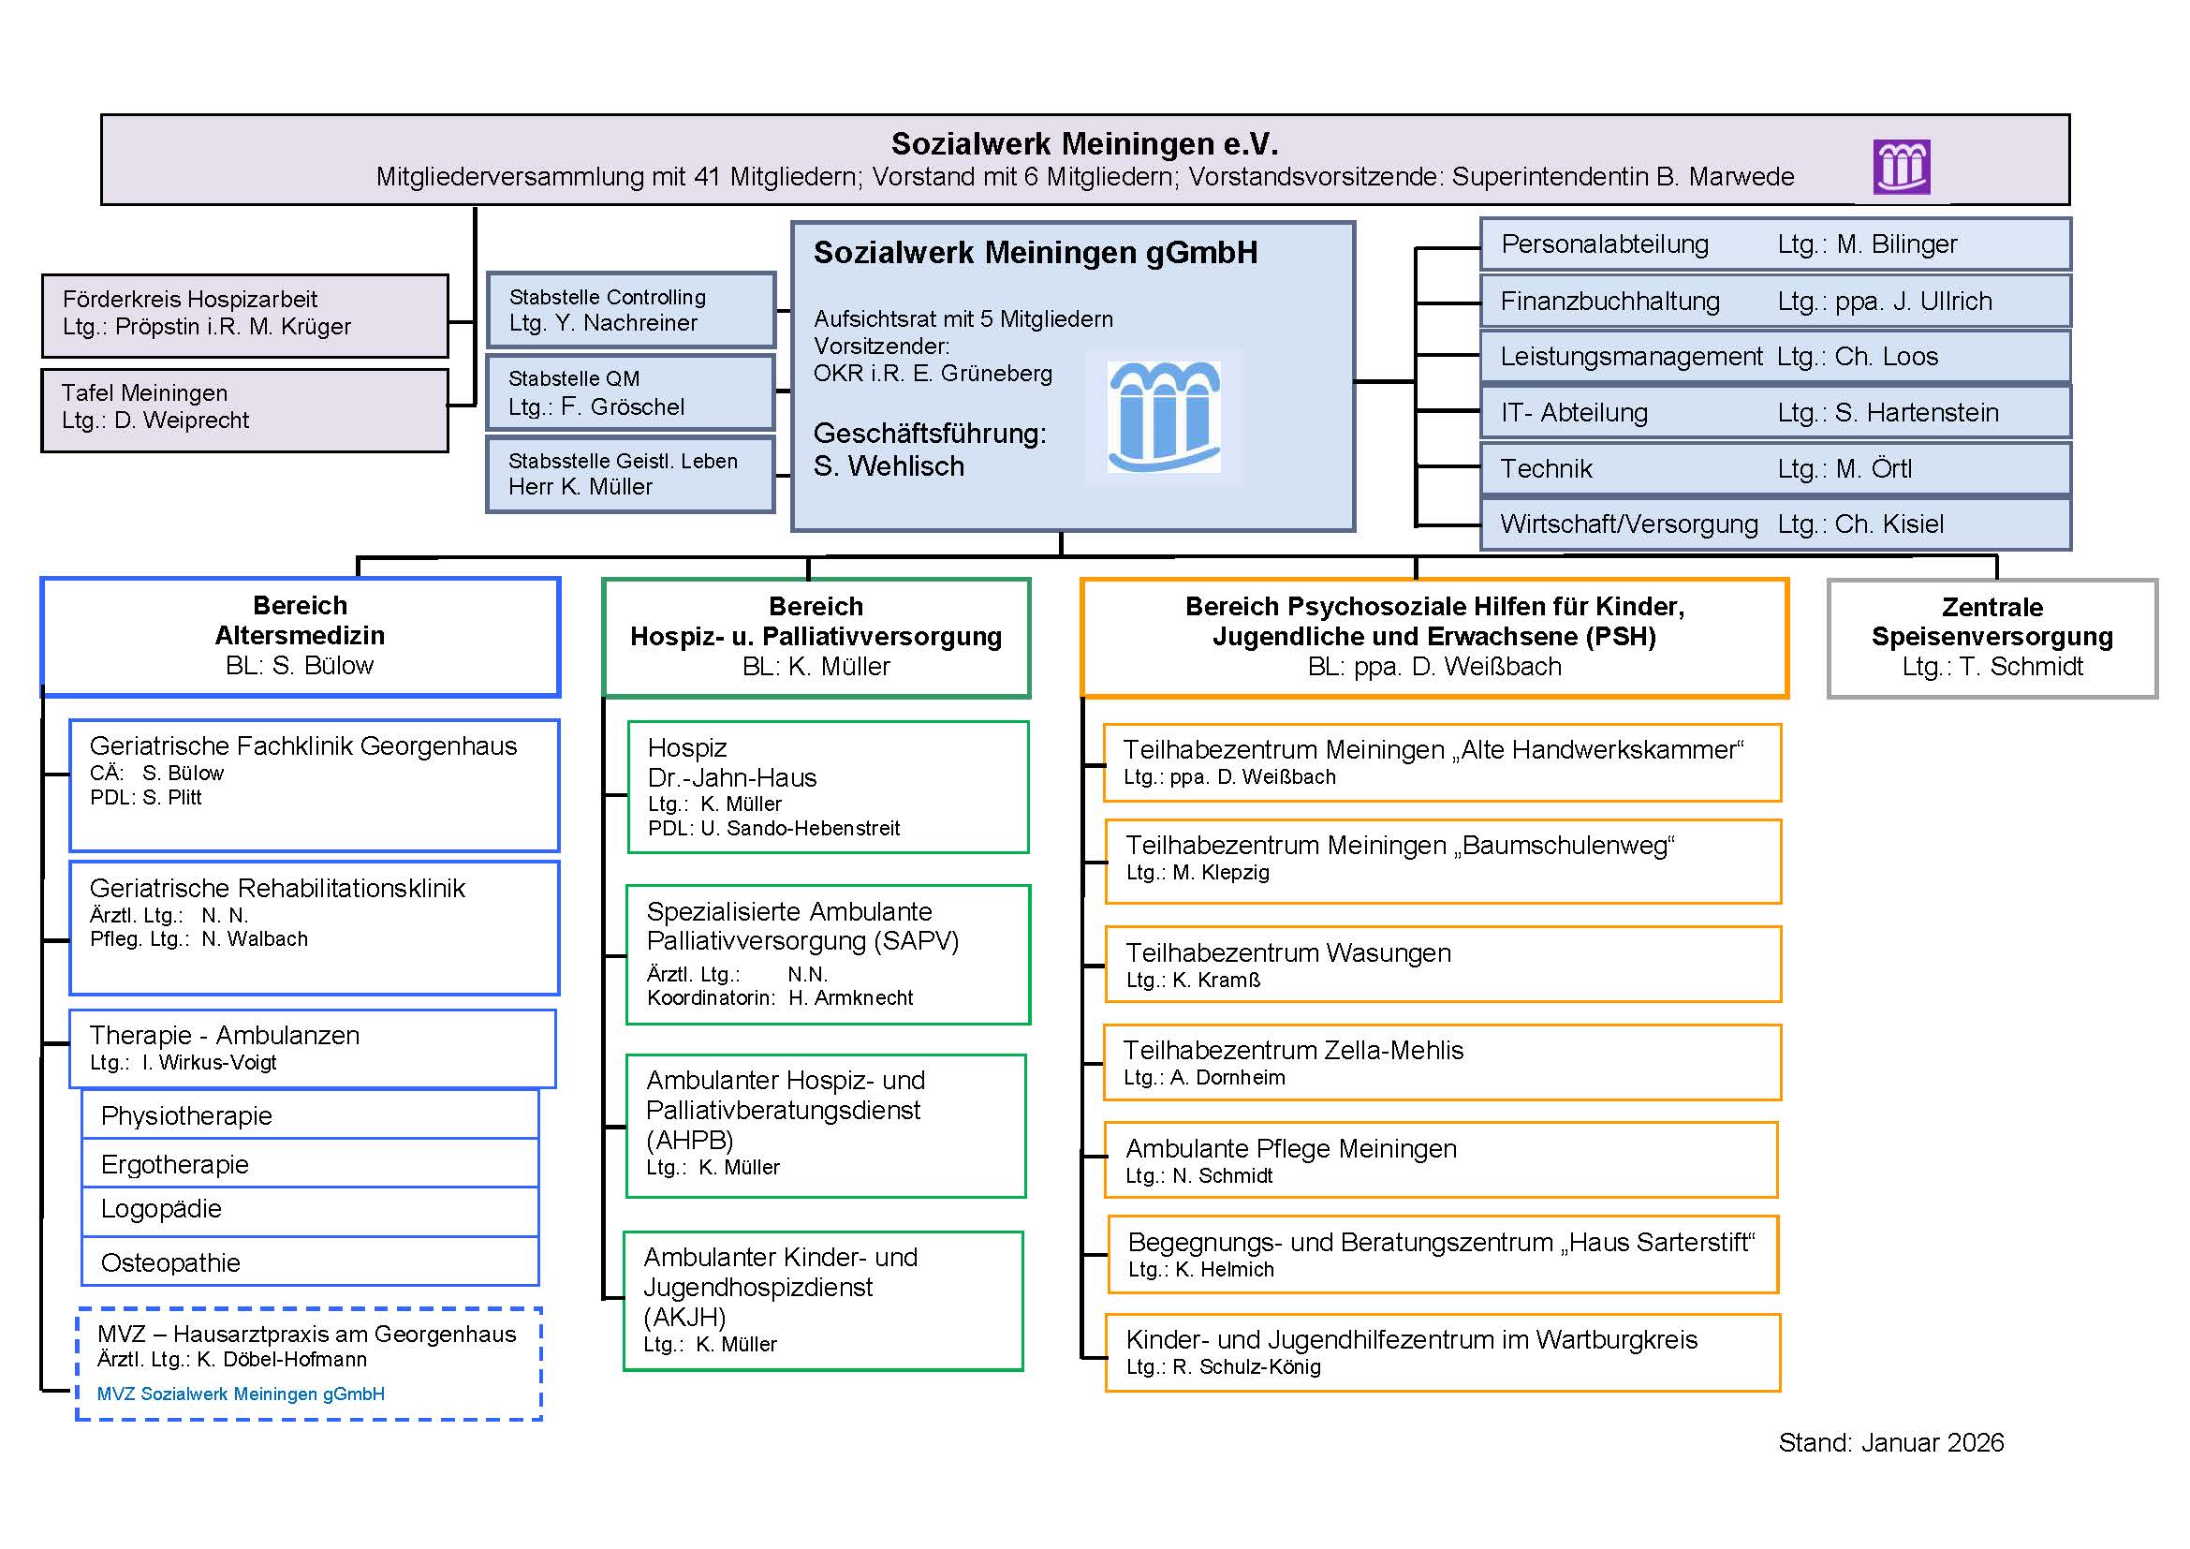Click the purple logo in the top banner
pos(1901,166)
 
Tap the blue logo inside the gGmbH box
pos(1164,417)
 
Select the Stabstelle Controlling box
pos(630,310)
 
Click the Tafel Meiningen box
pos(244,409)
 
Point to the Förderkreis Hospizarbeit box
pos(244,315)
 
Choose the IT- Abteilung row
pos(1774,412)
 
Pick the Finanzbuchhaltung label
pos(1610,302)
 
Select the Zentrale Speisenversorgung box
pos(1992,637)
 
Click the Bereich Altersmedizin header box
pos(300,636)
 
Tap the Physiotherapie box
pos(310,1115)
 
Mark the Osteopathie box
pos(310,1261)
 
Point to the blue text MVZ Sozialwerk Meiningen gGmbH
pos(242,1394)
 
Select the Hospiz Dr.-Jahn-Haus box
pos(827,787)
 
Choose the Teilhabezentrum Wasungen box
pos(1442,965)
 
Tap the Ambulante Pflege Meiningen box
pos(1440,1159)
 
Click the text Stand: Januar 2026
pos(1890,1442)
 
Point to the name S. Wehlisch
pos(889,466)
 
